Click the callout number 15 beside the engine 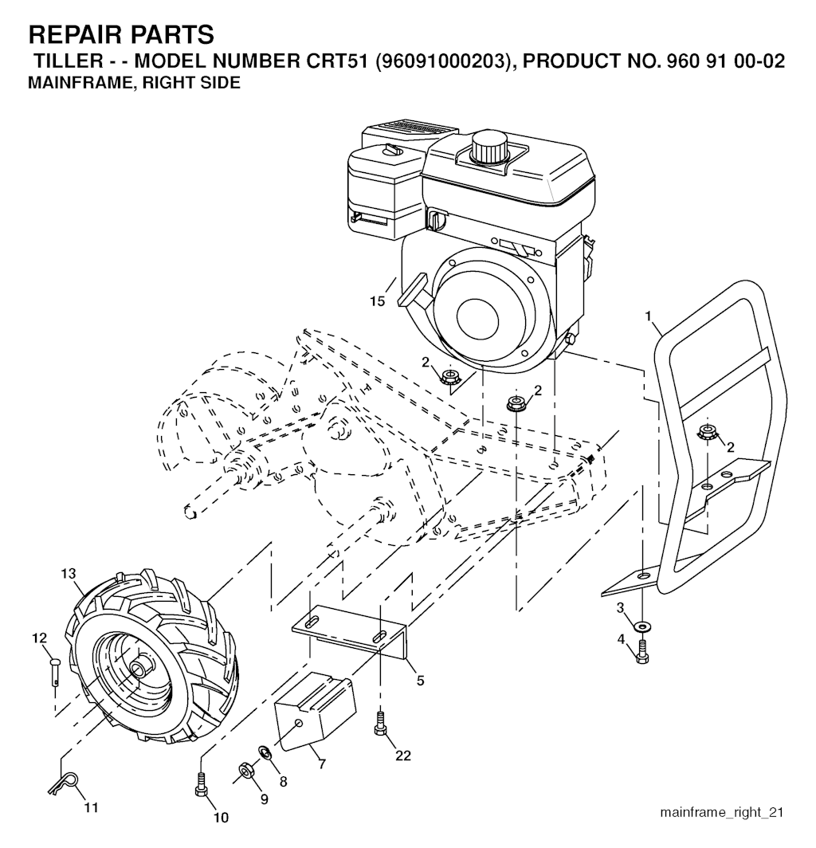(378, 300)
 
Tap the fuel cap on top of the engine (490, 144)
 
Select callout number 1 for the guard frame (649, 316)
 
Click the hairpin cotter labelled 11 (65, 783)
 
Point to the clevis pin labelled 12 (55, 670)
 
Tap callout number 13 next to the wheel (69, 573)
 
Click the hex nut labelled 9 (246, 769)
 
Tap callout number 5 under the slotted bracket (420, 681)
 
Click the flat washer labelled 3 (643, 626)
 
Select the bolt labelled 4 (642, 651)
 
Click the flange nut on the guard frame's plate (704, 432)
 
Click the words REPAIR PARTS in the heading (121, 34)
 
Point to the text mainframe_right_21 (721, 812)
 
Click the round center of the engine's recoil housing (477, 318)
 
